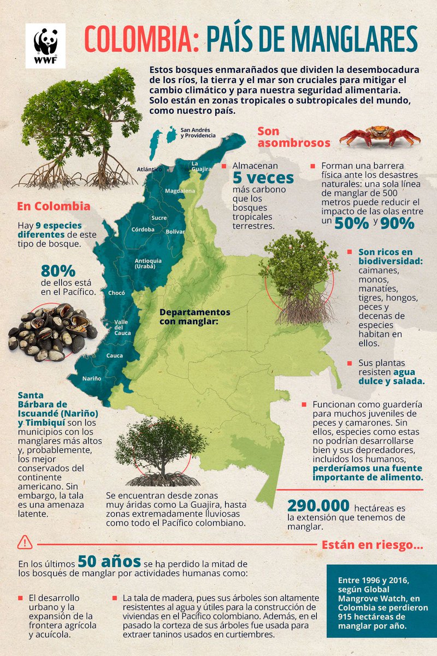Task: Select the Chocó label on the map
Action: (x=116, y=293)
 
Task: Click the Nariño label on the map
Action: (x=92, y=378)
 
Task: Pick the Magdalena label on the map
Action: (x=180, y=191)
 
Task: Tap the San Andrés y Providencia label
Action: (x=198, y=133)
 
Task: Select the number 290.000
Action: (x=317, y=506)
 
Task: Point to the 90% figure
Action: (x=397, y=223)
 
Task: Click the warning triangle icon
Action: (x=25, y=542)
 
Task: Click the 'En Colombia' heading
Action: (x=54, y=207)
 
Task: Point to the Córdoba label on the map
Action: (x=143, y=229)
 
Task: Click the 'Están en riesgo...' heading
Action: (x=372, y=544)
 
